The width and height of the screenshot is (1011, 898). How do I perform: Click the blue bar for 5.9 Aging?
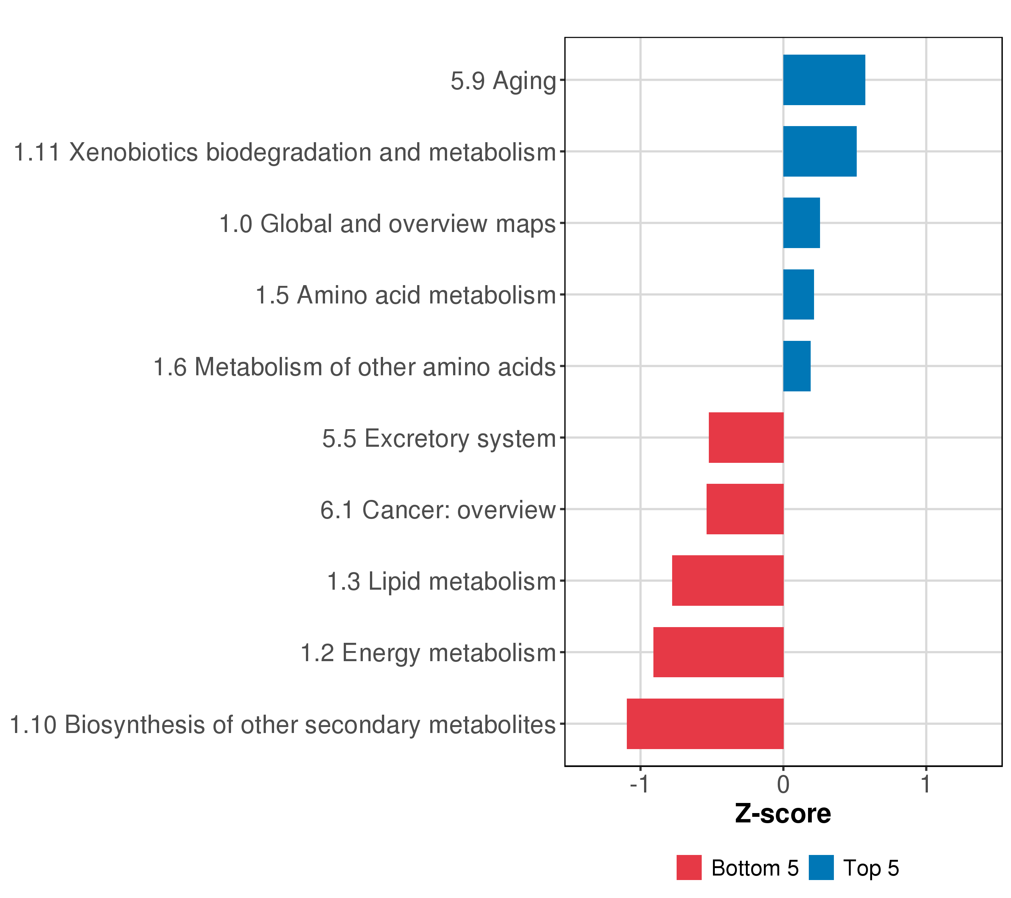(x=824, y=80)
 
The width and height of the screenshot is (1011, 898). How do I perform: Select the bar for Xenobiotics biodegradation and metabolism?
(x=820, y=151)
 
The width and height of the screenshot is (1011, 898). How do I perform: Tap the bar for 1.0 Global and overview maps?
(x=801, y=223)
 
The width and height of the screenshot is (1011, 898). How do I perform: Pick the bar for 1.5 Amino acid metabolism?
(x=798, y=294)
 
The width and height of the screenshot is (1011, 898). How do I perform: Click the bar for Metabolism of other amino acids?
(x=797, y=366)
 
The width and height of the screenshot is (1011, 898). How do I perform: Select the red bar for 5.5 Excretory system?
(x=746, y=437)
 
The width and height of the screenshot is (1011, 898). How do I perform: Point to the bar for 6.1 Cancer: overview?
(x=745, y=509)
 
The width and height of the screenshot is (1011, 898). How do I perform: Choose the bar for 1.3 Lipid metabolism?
(x=728, y=581)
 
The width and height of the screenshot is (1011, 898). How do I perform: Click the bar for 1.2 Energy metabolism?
(x=718, y=652)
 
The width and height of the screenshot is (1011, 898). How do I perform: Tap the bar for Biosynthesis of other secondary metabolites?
(x=705, y=724)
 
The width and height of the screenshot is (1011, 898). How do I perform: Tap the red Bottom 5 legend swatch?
(x=689, y=868)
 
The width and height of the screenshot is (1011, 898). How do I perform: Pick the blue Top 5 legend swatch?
(x=822, y=868)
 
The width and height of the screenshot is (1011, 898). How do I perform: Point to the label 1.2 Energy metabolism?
(x=428, y=653)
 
